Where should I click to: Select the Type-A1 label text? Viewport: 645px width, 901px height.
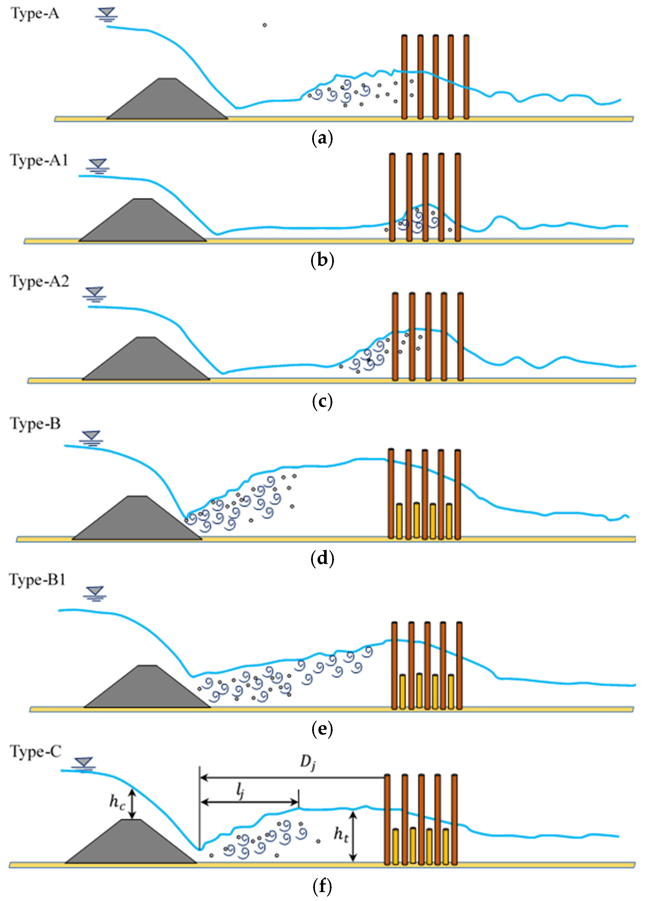pos(39,160)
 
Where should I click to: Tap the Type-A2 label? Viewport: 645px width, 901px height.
pos(39,282)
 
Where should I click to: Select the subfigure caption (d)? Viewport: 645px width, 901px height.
pos(322,558)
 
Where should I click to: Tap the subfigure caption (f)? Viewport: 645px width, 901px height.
pos(322,886)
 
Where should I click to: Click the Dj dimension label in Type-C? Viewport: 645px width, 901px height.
pos(307,762)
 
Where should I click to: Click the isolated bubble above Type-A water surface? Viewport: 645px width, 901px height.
pos(264,25)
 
